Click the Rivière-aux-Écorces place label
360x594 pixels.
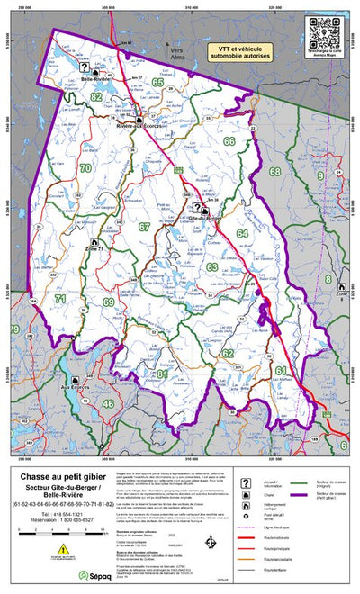pos(137,127)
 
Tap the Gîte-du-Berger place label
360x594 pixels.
pos(205,217)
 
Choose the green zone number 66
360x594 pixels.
pos(229,141)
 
